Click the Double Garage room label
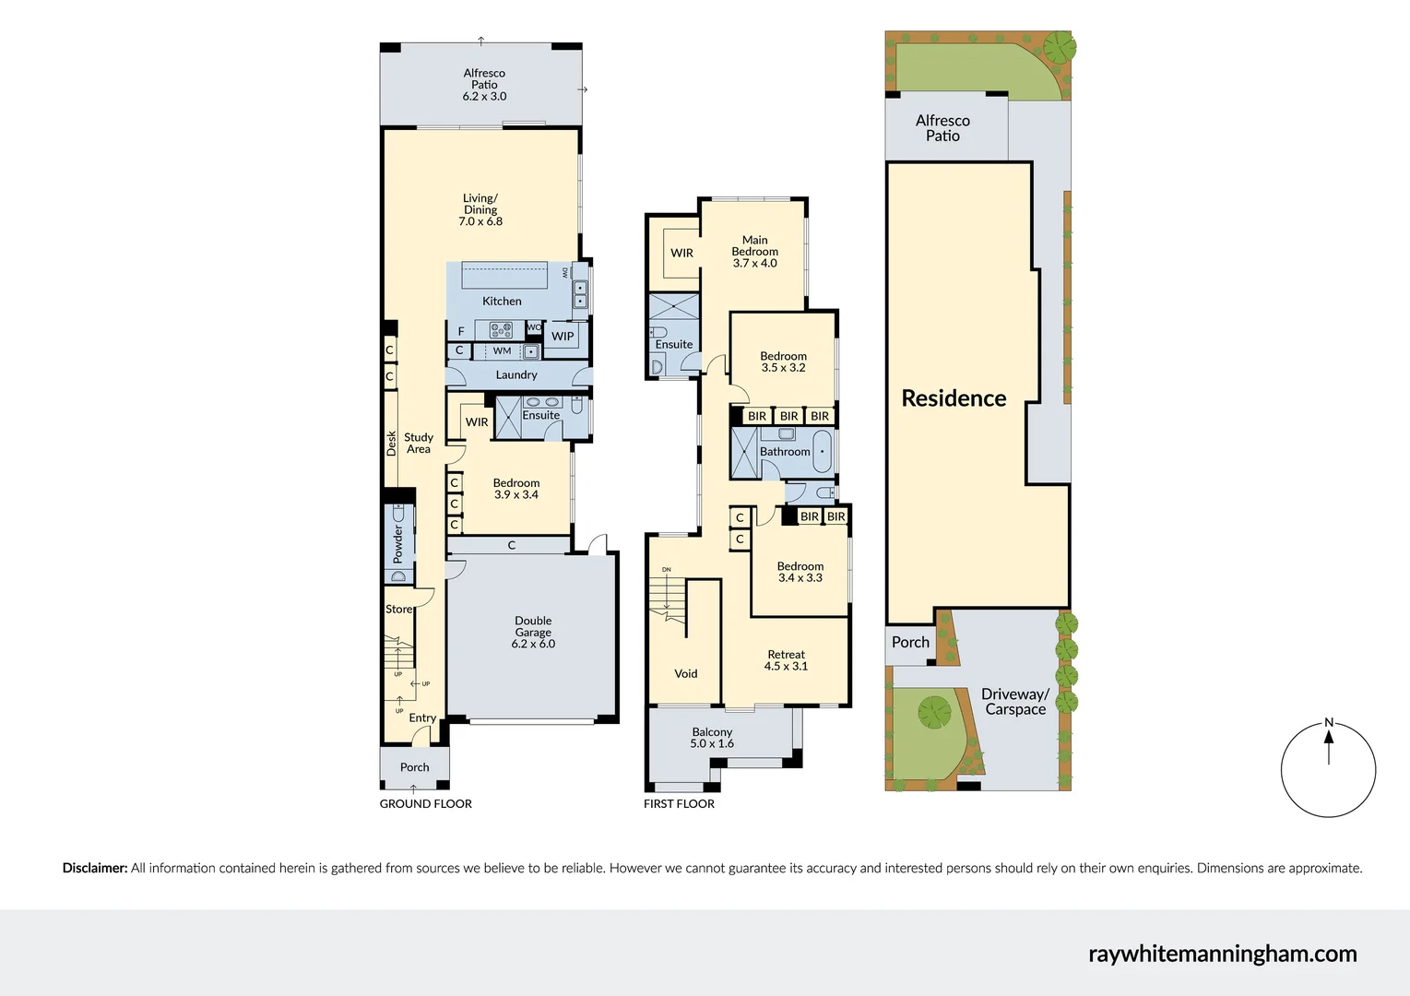click(533, 632)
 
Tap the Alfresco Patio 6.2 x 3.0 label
click(484, 84)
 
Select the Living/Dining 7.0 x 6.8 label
click(480, 209)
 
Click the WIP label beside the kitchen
click(563, 336)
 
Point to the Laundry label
click(515, 374)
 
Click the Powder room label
click(398, 544)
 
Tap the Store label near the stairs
click(398, 609)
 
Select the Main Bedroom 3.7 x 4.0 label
click(754, 251)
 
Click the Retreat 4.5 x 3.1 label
click(786, 659)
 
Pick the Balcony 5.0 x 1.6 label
click(712, 737)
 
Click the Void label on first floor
click(685, 673)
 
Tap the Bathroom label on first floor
click(785, 451)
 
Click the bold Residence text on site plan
click(954, 397)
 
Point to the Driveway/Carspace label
click(1014, 701)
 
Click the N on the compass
click(1328, 722)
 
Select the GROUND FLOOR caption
click(425, 803)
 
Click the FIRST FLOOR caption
click(679, 803)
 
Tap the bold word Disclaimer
click(94, 868)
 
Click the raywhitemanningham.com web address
click(1222, 954)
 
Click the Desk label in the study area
click(391, 443)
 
